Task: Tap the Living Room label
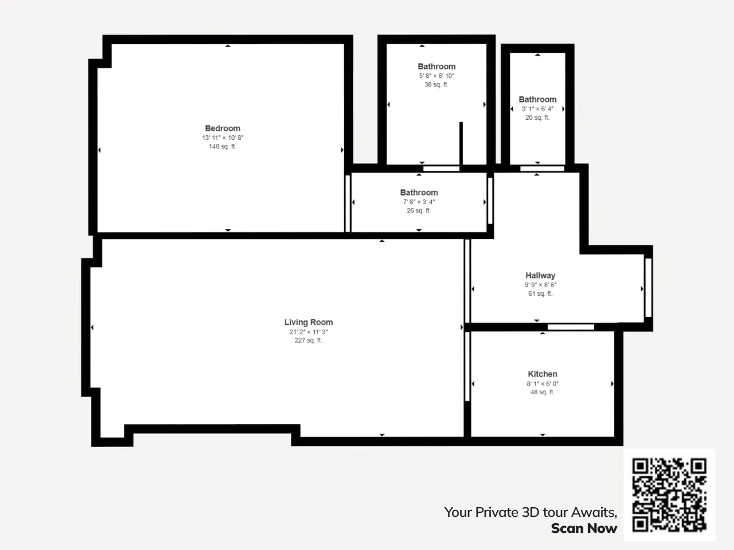[308, 322]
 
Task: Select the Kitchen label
[542, 374]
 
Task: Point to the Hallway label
[540, 276]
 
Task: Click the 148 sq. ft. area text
[222, 146]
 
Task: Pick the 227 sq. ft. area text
[308, 341]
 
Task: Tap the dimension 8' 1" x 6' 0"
[542, 384]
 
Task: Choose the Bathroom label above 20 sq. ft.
[537, 99]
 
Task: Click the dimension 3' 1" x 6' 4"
[537, 109]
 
